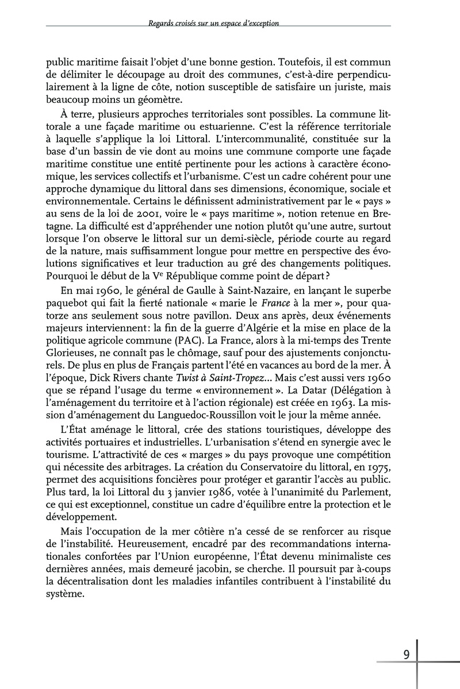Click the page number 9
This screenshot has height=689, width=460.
(407, 655)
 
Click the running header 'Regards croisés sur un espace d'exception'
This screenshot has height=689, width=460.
(213, 24)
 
